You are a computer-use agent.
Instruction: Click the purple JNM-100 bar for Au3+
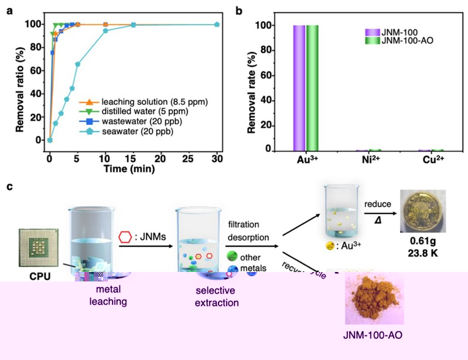(297, 88)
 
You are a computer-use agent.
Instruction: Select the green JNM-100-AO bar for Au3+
(312, 88)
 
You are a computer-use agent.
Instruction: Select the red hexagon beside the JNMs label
(124, 237)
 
